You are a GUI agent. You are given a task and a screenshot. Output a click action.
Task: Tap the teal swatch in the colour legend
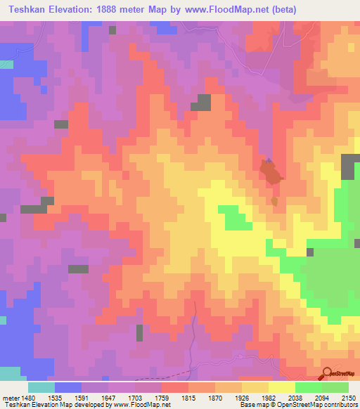(41, 387)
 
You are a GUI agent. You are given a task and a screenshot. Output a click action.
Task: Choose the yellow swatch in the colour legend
(282, 387)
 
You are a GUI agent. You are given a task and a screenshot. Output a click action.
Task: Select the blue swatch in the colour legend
(68, 387)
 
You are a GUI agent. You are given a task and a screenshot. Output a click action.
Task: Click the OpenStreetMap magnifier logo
(327, 373)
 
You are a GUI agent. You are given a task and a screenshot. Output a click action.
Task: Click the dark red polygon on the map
(269, 171)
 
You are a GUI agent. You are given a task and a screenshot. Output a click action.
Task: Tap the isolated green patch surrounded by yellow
(234, 218)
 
